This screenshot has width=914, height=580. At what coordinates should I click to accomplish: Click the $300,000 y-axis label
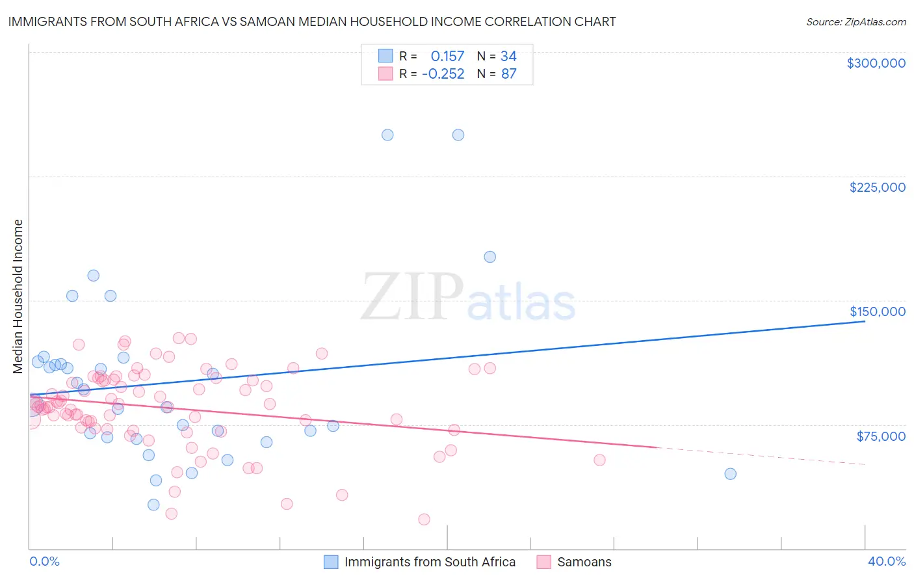click(x=876, y=63)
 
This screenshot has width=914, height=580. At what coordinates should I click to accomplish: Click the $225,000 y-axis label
click(x=877, y=187)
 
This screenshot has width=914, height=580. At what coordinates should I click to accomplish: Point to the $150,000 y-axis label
click(x=877, y=311)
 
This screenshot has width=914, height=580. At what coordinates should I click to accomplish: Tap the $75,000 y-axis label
click(x=881, y=436)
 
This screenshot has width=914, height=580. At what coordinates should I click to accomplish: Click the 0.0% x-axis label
click(x=44, y=561)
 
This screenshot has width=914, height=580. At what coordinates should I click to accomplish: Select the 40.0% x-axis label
click(x=886, y=561)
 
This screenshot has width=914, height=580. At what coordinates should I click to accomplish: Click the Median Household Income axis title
click(x=18, y=297)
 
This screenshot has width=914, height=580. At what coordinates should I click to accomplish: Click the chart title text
click(x=312, y=21)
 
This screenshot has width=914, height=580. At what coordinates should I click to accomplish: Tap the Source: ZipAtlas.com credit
click(x=855, y=22)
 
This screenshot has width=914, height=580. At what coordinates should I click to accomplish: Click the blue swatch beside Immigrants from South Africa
click(x=331, y=562)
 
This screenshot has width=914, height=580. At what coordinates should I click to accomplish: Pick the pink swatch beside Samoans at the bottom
click(x=543, y=562)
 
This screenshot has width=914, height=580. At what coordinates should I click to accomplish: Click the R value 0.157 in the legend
click(x=447, y=57)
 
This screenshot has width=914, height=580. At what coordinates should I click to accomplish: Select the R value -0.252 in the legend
click(x=443, y=74)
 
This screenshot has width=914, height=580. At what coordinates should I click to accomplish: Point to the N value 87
click(x=508, y=74)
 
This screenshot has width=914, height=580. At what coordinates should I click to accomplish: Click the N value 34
click(x=508, y=57)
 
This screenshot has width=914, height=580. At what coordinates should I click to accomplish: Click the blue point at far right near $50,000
click(x=730, y=474)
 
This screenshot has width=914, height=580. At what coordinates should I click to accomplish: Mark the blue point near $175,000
click(x=490, y=257)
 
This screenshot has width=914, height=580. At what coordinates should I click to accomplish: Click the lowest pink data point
click(x=424, y=519)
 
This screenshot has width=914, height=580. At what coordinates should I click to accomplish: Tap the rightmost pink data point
click(x=599, y=460)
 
